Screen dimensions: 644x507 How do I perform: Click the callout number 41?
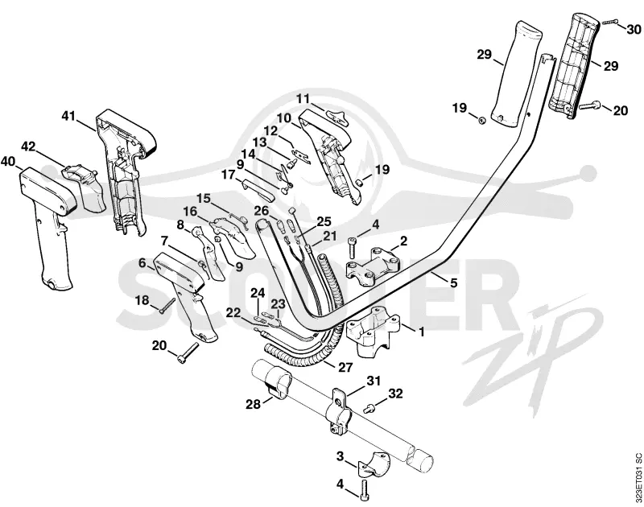pyautogui.click(x=68, y=116)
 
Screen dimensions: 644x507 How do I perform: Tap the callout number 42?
pyautogui.click(x=28, y=146)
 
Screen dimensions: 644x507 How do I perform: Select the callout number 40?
pyautogui.click(x=8, y=161)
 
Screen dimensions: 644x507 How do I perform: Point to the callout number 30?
pyautogui.click(x=634, y=30)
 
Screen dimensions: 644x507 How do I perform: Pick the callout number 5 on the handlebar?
pyautogui.click(x=453, y=282)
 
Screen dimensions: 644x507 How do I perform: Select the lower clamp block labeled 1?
pyautogui.click(x=373, y=331)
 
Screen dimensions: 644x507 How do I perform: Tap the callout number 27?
pyautogui.click(x=345, y=367)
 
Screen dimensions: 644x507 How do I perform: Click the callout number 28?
pyautogui.click(x=254, y=404)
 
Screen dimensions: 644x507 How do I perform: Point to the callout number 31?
pyautogui.click(x=374, y=381)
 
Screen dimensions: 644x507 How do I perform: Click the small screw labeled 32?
pyautogui.click(x=369, y=408)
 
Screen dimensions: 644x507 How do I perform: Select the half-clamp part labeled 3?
pyautogui.click(x=374, y=464)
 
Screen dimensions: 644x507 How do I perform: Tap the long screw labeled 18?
pyautogui.click(x=167, y=306)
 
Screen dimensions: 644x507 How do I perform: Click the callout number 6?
pyautogui.click(x=142, y=262)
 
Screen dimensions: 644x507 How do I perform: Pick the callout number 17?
pyautogui.click(x=229, y=175)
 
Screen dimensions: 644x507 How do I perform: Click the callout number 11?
pyautogui.click(x=303, y=99)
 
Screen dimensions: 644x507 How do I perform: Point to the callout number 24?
pyautogui.click(x=258, y=293)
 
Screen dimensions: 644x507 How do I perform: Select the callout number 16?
pyautogui.click(x=190, y=212)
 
